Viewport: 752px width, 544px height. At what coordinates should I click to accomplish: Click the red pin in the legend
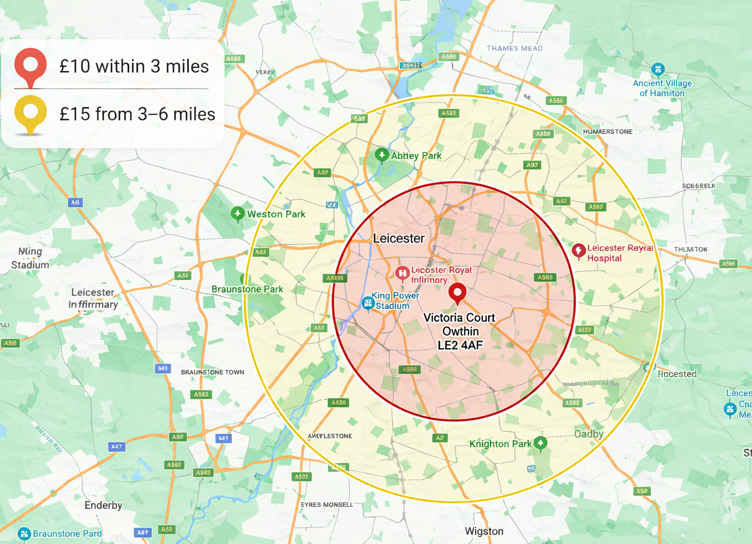coord(31,65)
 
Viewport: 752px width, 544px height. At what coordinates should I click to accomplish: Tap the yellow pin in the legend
coord(31,113)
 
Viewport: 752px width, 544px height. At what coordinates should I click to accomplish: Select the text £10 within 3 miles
coord(134,66)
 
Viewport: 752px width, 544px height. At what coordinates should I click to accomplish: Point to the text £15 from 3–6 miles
coord(137,114)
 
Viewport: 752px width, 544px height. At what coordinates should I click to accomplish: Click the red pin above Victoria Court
coord(457,292)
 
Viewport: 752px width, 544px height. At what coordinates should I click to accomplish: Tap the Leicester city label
coord(399,239)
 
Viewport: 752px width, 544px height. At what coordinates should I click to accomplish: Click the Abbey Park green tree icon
coord(382,155)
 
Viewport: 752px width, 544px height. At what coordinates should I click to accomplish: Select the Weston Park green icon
coord(238,214)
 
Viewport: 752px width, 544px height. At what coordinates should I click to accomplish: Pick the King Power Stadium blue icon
coord(367,303)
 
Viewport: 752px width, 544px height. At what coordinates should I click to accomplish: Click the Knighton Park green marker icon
coord(540,443)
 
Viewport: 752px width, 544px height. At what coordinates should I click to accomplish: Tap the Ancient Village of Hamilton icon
coord(658,69)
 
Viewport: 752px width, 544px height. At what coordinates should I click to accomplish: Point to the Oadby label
coord(589,434)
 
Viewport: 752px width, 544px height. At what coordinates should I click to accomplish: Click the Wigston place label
coord(484,531)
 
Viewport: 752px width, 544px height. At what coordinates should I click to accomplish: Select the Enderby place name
coord(103,505)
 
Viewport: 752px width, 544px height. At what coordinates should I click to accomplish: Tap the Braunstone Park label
coord(247,290)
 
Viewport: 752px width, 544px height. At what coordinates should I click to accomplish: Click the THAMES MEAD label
coord(515,48)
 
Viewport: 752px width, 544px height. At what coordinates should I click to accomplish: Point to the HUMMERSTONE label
coord(608,132)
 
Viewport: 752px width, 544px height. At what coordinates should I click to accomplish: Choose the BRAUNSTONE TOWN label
coord(212,372)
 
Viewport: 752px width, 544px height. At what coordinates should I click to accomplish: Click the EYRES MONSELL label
coord(327,505)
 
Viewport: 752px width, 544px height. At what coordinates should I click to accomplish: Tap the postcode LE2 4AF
coord(460,345)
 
